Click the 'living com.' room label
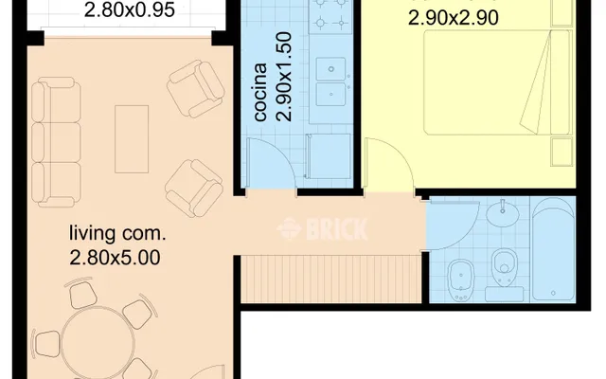[117, 234]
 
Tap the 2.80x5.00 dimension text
[115, 258]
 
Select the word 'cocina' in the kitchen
[261, 92]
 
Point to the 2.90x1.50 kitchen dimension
[284, 77]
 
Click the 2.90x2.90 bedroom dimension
[454, 18]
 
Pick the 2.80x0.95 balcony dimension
[129, 9]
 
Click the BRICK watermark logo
[322, 229]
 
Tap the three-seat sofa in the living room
[56, 142]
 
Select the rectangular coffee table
[132, 139]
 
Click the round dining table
[98, 343]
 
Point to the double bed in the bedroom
[497, 82]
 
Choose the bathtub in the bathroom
[553, 249]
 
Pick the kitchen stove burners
[330, 13]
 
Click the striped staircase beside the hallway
[330, 279]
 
